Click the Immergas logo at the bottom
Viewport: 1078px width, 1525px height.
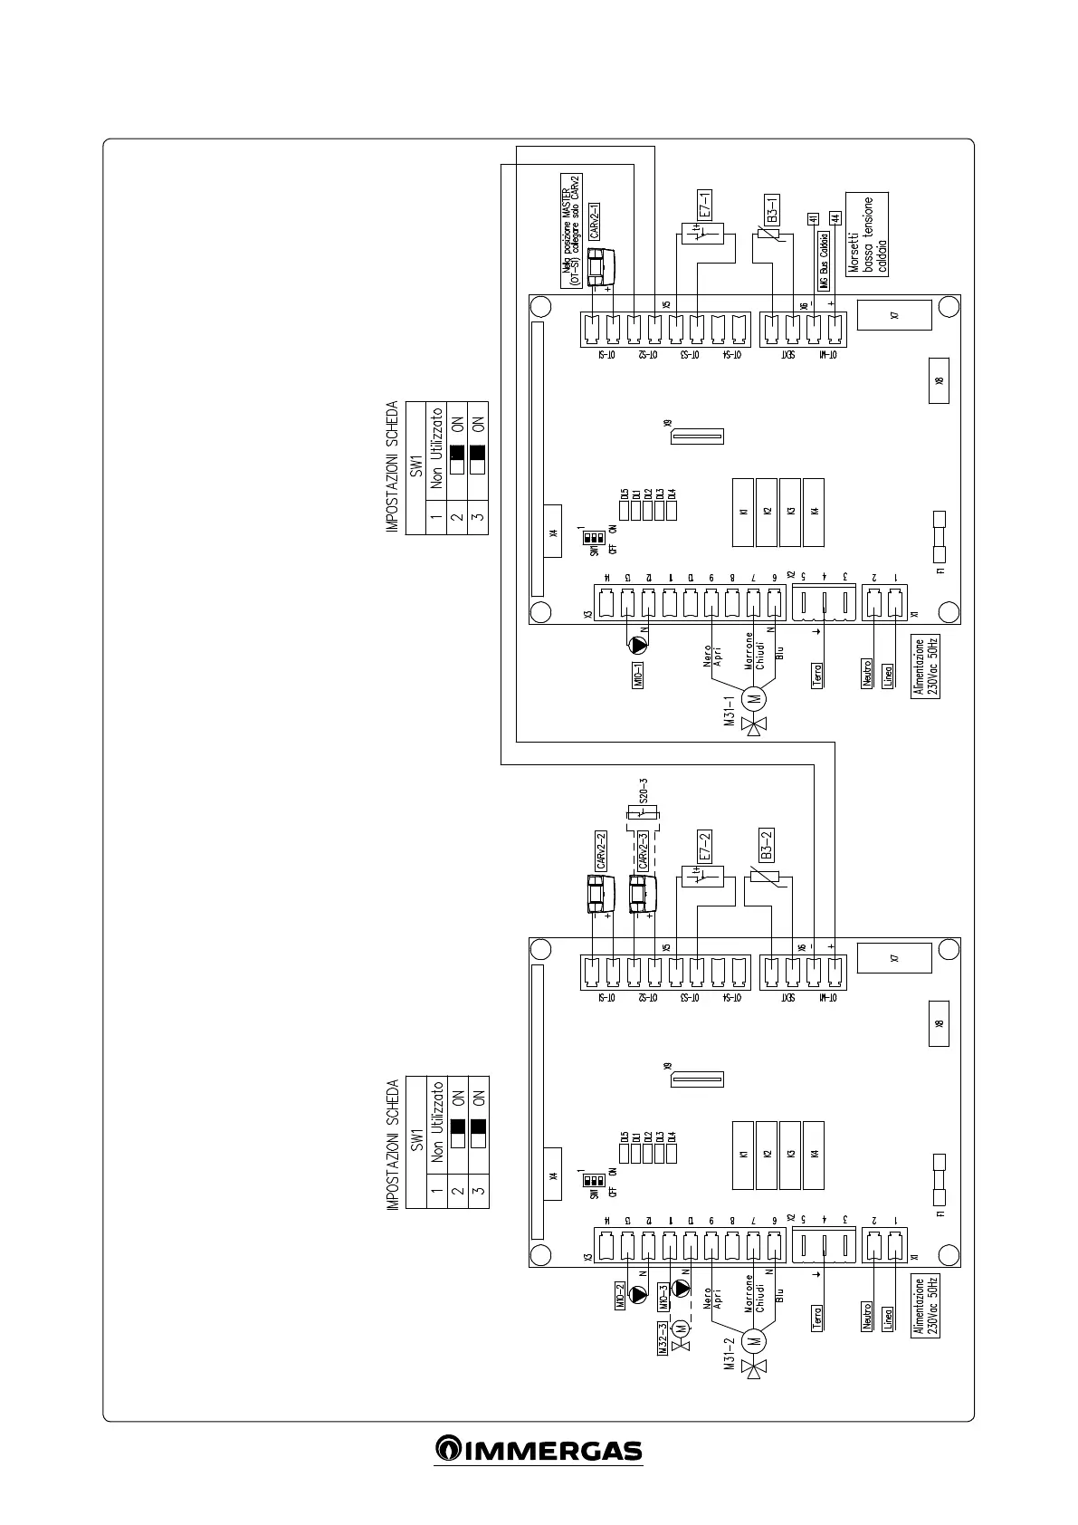(x=539, y=1450)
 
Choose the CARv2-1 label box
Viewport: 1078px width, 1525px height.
(x=595, y=220)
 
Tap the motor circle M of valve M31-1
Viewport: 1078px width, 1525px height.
(x=753, y=698)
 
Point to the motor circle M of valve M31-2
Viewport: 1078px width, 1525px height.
(x=753, y=1339)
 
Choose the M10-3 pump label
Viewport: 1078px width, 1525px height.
(x=663, y=1297)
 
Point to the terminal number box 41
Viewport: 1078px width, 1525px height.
(x=812, y=218)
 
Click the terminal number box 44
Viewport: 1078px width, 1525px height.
(x=835, y=218)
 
